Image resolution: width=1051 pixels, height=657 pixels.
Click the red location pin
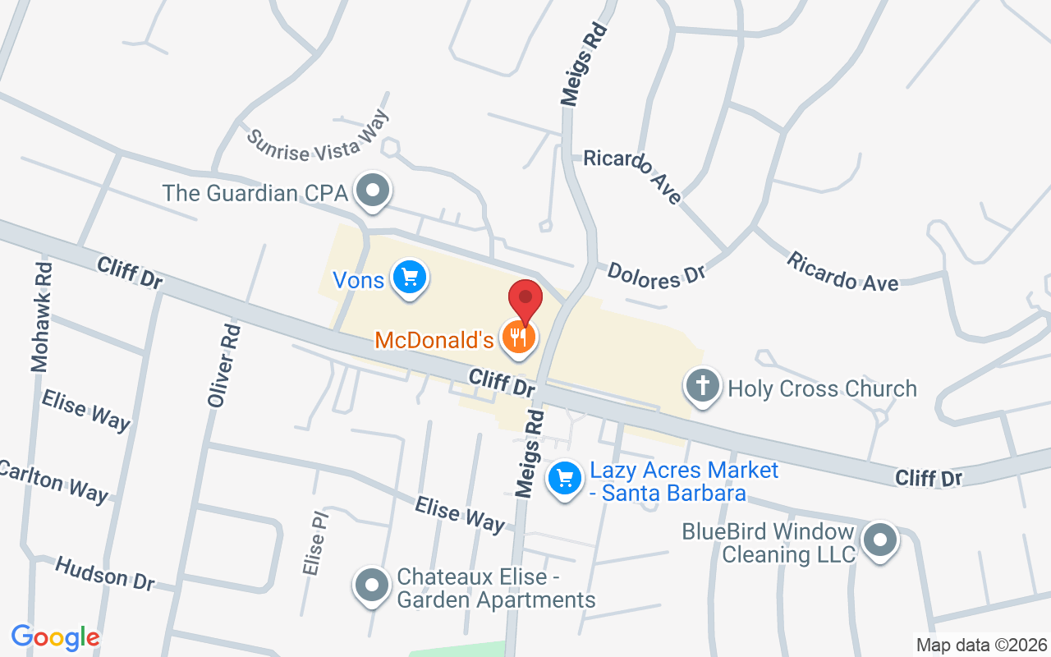pos(525,301)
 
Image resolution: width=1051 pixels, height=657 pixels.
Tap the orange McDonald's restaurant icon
pos(519,338)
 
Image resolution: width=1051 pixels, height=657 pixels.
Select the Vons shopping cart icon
pos(408,278)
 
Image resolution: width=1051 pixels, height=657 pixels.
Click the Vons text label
pos(358,280)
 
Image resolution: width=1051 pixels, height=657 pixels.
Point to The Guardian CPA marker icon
pos(374,191)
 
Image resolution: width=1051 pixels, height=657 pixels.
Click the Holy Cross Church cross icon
pos(703,387)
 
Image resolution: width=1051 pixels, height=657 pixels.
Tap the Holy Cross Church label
pos(822,388)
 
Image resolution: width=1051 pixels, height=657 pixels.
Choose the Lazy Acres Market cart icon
pos(564,478)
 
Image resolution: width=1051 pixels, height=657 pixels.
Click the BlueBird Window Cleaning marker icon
pos(880,540)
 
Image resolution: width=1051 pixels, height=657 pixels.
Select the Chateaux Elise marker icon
pos(371,586)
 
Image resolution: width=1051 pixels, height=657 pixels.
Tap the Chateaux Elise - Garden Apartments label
pos(496,588)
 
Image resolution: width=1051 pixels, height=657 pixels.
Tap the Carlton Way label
pos(53,480)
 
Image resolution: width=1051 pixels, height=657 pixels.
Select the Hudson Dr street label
pos(104,572)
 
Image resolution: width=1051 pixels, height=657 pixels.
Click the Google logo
pos(56,637)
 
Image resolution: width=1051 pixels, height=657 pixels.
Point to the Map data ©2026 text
pos(981,645)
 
